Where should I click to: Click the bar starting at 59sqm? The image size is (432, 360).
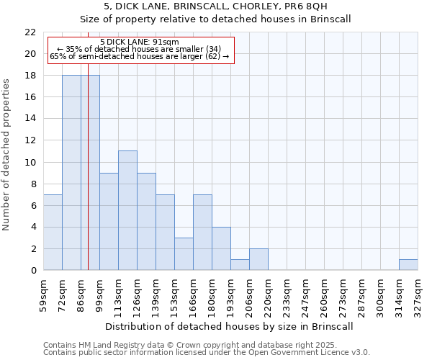point(53,233)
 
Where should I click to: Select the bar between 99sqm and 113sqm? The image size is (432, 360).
point(109,222)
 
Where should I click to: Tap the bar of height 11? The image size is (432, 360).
point(127,211)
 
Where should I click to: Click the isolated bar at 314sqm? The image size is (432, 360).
point(408,265)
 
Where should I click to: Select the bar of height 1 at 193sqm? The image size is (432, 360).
point(240,265)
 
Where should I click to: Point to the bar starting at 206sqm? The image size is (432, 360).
point(258,260)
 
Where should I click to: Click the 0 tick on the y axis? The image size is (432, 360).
point(33,271)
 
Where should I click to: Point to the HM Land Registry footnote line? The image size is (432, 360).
point(205,345)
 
